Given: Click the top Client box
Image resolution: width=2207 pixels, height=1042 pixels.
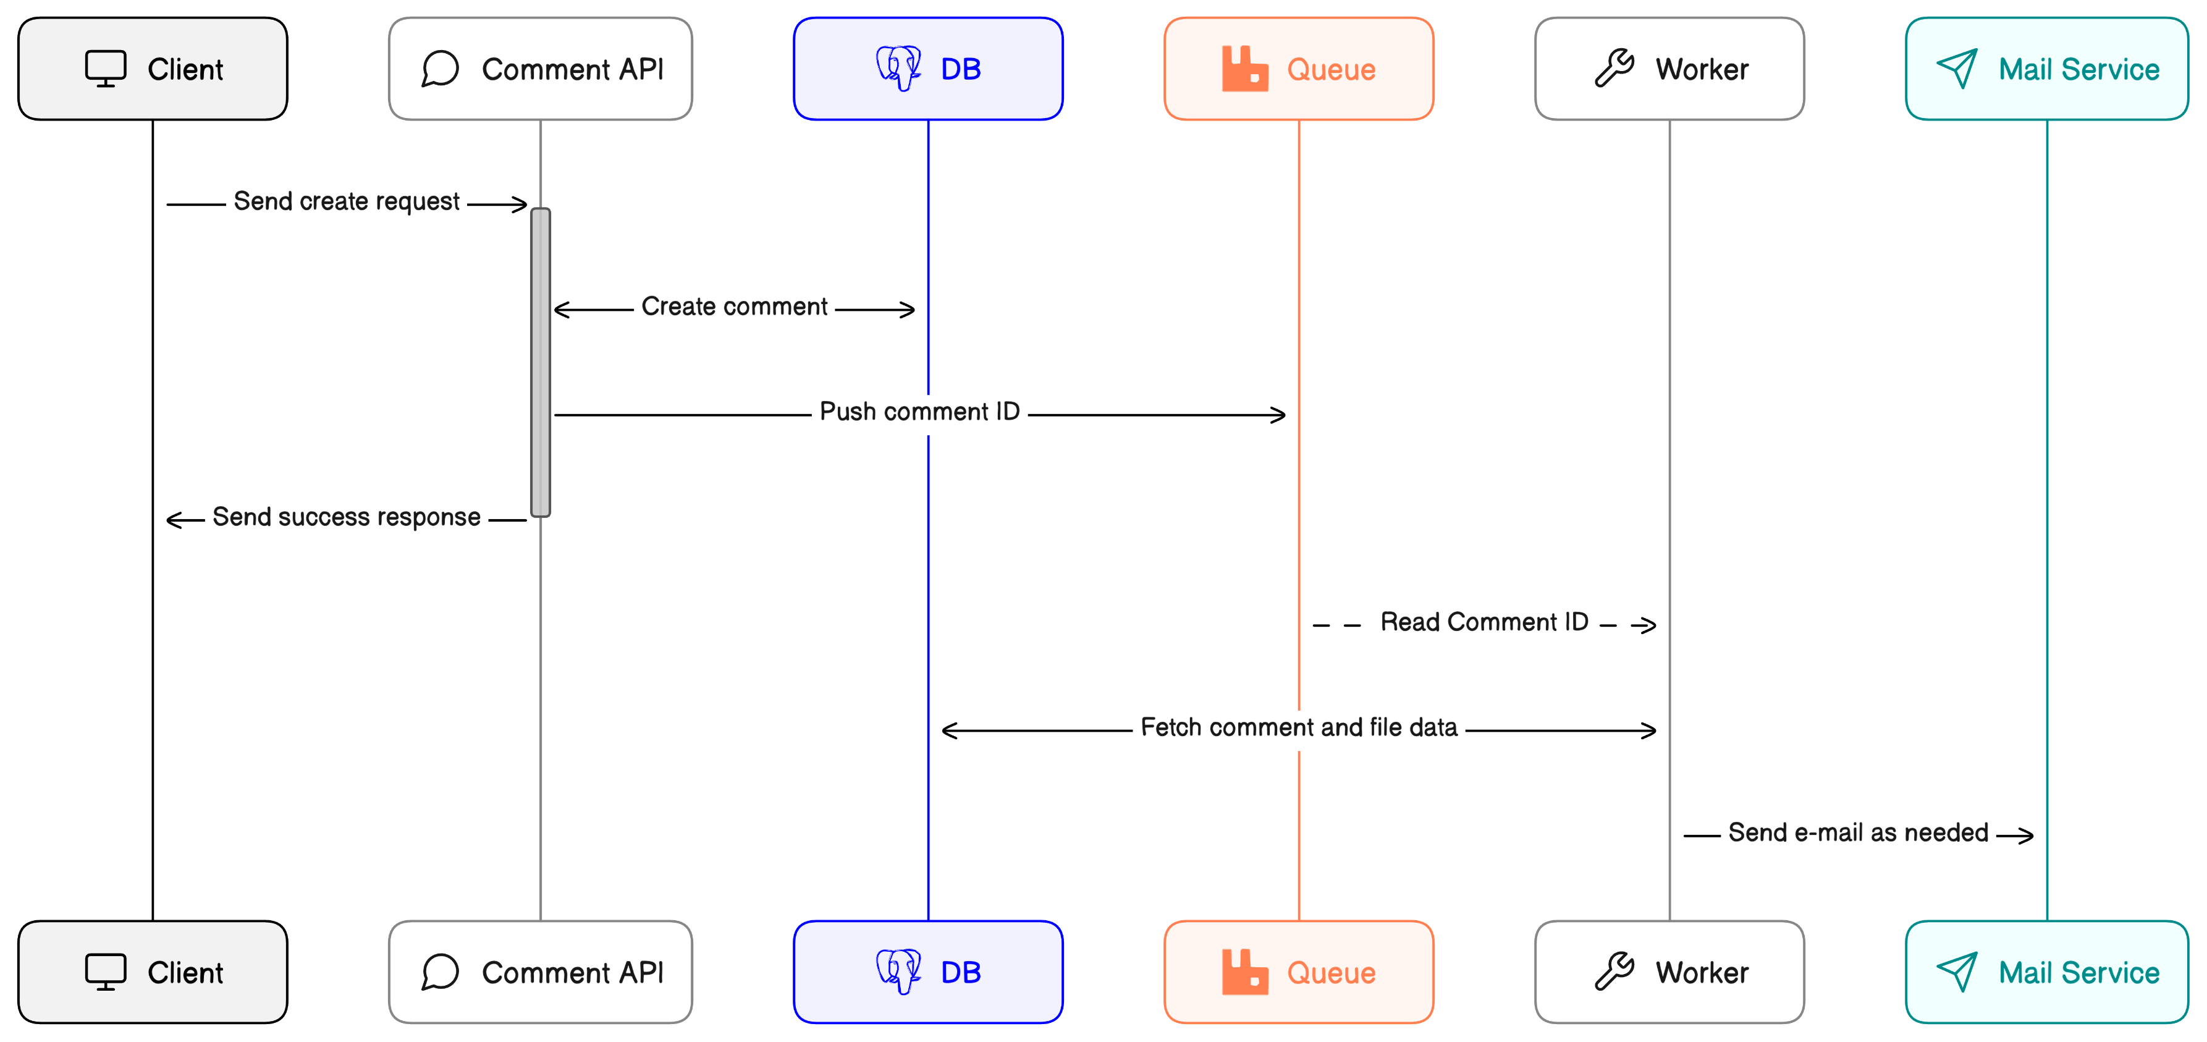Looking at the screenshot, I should click(x=153, y=69).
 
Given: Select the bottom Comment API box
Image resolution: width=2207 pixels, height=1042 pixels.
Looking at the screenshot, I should click(x=540, y=972).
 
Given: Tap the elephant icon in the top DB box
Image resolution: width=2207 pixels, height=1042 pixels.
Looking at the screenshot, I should click(x=898, y=68).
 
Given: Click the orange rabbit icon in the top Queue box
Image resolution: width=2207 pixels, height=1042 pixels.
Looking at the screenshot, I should click(x=1244, y=69).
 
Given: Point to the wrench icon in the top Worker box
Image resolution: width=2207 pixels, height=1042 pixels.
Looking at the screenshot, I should click(x=1614, y=69).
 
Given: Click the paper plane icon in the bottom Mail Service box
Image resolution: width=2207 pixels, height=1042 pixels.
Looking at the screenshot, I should click(x=1957, y=972).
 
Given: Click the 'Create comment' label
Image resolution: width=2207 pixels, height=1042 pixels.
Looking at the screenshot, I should click(x=734, y=307).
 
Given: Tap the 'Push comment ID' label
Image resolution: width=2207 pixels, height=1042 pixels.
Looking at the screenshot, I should click(x=919, y=412).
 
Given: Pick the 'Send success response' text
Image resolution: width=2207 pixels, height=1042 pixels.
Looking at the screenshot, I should click(x=346, y=517).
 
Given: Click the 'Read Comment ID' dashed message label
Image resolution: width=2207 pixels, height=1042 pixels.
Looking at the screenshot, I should click(x=1484, y=622).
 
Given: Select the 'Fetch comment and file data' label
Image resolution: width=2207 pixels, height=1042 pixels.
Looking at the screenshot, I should click(x=1299, y=727).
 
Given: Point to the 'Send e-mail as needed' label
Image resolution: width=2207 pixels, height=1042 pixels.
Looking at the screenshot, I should click(x=1857, y=833).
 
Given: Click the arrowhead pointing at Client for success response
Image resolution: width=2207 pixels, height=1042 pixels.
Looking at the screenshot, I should click(x=173, y=520).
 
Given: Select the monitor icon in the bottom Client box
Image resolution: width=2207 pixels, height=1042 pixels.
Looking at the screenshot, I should click(x=106, y=972).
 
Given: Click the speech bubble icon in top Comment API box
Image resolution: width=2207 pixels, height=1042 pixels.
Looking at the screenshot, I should click(x=441, y=69).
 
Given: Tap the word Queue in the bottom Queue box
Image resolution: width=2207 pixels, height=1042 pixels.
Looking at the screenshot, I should click(x=1330, y=973).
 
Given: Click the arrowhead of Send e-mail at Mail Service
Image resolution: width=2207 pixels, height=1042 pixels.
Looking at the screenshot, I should click(x=2026, y=836).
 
